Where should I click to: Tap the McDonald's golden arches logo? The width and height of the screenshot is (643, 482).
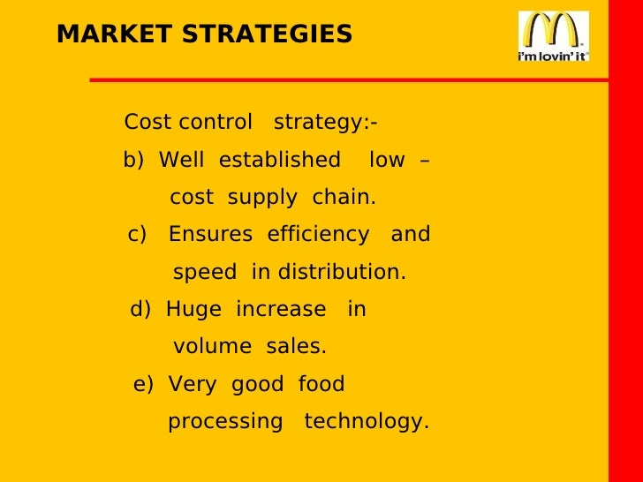(553, 29)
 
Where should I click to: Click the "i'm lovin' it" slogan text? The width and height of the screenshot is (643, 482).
(553, 55)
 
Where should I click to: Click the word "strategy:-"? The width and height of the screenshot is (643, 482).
(326, 123)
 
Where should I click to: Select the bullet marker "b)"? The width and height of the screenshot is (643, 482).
(133, 161)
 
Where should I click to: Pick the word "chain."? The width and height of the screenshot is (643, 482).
(344, 198)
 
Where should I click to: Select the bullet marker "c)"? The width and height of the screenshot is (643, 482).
(137, 235)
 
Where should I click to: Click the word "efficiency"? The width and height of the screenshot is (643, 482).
(318, 235)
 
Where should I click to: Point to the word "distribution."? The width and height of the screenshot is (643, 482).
(341, 273)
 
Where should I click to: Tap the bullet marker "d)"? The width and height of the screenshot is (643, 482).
(141, 310)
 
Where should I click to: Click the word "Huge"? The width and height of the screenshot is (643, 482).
(193, 310)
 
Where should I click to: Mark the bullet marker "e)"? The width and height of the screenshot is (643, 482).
(144, 385)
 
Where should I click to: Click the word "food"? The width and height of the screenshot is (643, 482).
(321, 385)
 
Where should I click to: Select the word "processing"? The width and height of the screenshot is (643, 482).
(225, 423)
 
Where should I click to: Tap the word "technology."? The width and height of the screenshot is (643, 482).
(367, 423)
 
